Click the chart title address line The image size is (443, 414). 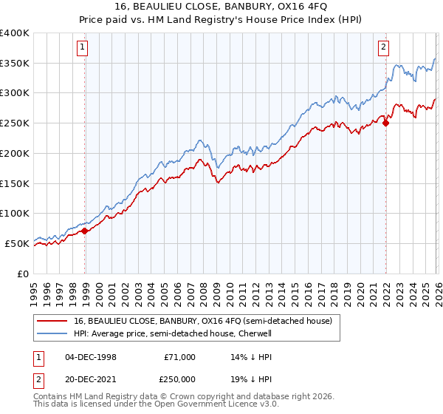pyautogui.click(x=221, y=7)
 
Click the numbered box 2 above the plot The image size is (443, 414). pyautogui.click(x=384, y=48)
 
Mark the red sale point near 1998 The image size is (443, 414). pyautogui.click(x=85, y=231)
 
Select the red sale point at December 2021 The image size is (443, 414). pyautogui.click(x=385, y=123)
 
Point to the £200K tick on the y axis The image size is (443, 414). pyautogui.click(x=15, y=153)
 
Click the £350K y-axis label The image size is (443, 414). pyautogui.click(x=15, y=64)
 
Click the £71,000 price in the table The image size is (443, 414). pyautogui.click(x=180, y=357)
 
